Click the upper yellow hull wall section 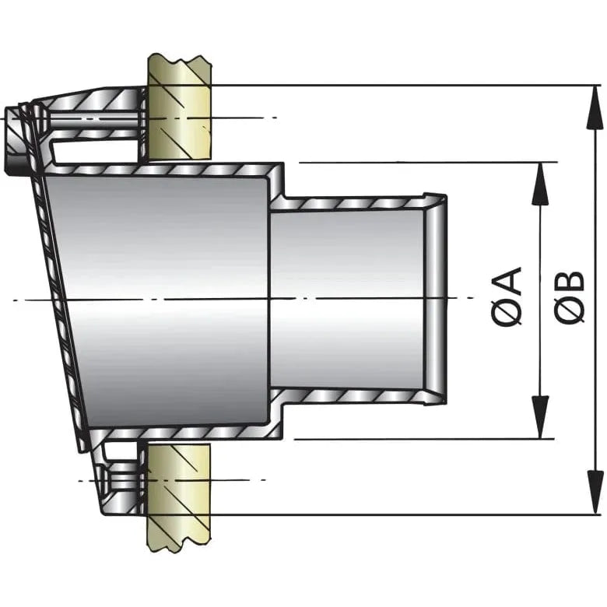coord(179,109)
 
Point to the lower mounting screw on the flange coord(117,479)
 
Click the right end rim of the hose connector coord(437,300)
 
